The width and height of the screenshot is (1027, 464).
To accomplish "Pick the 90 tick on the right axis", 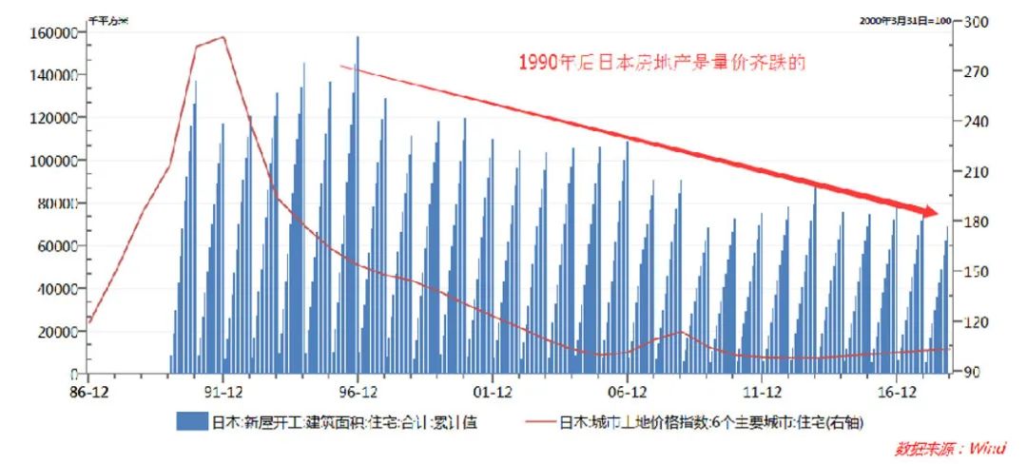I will tap(973, 373).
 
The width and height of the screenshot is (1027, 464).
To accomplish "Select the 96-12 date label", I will tap(357, 392).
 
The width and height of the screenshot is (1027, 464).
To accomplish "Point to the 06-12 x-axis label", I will tap(628, 392).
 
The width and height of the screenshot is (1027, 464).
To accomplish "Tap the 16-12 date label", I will tap(897, 392).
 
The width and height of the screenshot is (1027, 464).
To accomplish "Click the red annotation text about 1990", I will tap(662, 64).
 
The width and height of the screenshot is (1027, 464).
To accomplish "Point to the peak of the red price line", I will tap(223, 37).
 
